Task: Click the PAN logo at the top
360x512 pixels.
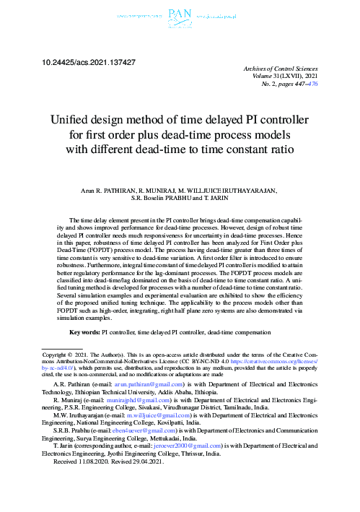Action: pos(179,13)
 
